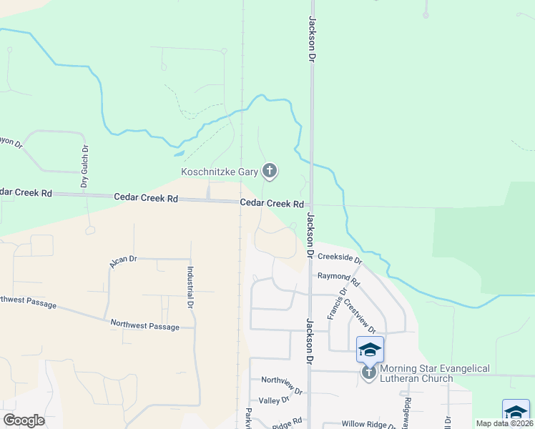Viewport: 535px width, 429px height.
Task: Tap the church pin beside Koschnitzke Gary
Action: click(x=270, y=171)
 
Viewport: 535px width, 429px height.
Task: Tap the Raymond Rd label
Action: click(x=334, y=277)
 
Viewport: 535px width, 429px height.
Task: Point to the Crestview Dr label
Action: click(x=360, y=315)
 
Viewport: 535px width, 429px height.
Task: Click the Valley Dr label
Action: click(x=274, y=400)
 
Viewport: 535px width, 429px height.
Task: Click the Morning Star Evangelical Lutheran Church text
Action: click(x=434, y=373)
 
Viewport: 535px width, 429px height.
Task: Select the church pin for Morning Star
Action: click(x=369, y=373)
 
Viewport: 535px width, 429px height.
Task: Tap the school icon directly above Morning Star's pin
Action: click(x=370, y=349)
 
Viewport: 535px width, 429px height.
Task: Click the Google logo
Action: click(x=24, y=420)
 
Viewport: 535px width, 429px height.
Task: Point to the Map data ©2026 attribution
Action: click(x=505, y=423)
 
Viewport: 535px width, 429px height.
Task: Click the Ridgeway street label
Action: click(x=405, y=409)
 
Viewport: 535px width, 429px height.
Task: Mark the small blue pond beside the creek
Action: click(x=178, y=153)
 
